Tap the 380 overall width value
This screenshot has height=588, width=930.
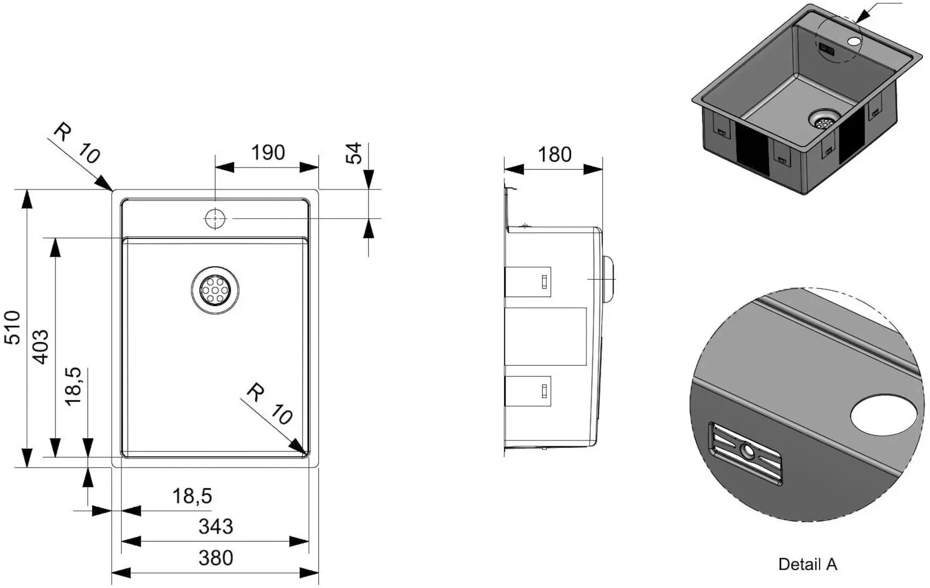tap(216, 558)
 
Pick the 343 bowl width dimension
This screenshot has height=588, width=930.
tap(216, 526)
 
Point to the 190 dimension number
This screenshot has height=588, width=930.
tap(268, 153)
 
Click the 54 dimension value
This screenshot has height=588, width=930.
tap(354, 153)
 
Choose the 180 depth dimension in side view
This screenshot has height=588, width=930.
tap(554, 155)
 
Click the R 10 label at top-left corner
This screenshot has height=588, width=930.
tap(77, 143)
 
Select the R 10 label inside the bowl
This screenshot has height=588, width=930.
tap(269, 404)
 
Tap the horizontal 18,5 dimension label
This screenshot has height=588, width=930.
tap(192, 496)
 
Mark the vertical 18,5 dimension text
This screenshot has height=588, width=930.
tap(73, 386)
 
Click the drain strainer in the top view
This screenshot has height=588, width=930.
tap(215, 290)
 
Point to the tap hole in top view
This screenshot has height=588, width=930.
tap(215, 218)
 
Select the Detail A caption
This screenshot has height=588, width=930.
tap(807, 565)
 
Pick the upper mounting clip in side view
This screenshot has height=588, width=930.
tap(529, 281)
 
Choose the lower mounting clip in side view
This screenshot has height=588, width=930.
tap(529, 391)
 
